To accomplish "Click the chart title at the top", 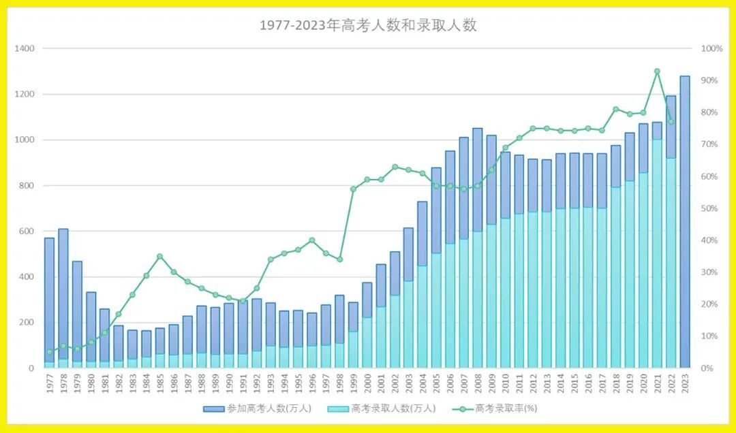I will [x=368, y=26].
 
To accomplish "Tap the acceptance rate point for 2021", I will [x=657, y=71].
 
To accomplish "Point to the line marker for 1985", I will [x=159, y=257].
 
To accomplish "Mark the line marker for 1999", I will [x=353, y=189].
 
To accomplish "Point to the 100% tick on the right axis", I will [x=712, y=49].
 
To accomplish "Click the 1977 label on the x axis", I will [x=50, y=385].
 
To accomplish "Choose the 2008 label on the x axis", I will [x=478, y=385].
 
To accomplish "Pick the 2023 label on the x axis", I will [x=685, y=385].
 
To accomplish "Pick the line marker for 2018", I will [x=615, y=109].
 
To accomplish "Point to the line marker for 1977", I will [x=50, y=352].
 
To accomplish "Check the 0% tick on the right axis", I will [x=708, y=368].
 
